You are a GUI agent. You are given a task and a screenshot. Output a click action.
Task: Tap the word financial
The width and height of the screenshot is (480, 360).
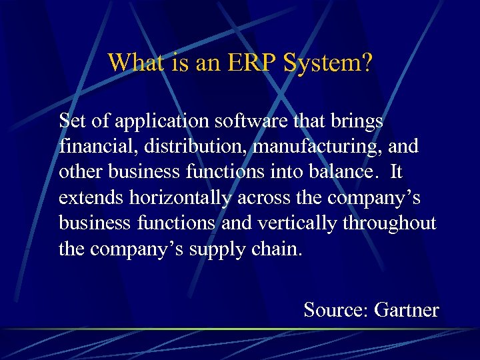90,147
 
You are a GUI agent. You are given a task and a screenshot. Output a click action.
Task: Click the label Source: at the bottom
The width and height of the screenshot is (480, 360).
336,310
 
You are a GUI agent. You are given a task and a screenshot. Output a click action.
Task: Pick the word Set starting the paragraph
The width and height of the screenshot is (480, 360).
72,121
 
